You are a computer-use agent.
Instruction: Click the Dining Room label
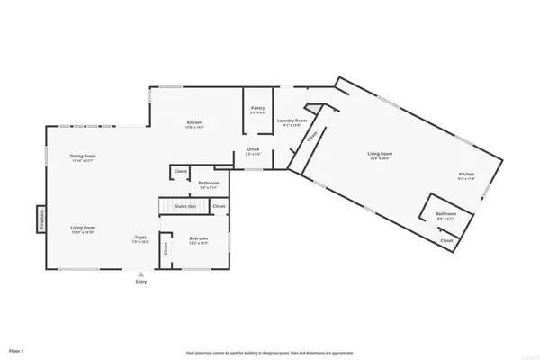[x=83, y=156]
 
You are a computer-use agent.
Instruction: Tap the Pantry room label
[x=258, y=109]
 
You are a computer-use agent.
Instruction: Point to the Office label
[x=254, y=150]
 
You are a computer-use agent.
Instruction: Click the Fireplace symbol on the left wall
[x=41, y=220]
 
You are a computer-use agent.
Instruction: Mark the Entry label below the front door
[x=140, y=282]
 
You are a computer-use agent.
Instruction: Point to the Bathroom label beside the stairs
[x=209, y=184]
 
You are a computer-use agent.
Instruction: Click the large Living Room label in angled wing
[x=380, y=154]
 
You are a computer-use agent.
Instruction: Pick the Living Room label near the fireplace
[x=83, y=229]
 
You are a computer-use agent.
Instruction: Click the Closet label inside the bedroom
[x=166, y=249]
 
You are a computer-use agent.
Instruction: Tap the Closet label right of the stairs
[x=220, y=206]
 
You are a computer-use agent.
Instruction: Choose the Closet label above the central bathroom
[x=180, y=169]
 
